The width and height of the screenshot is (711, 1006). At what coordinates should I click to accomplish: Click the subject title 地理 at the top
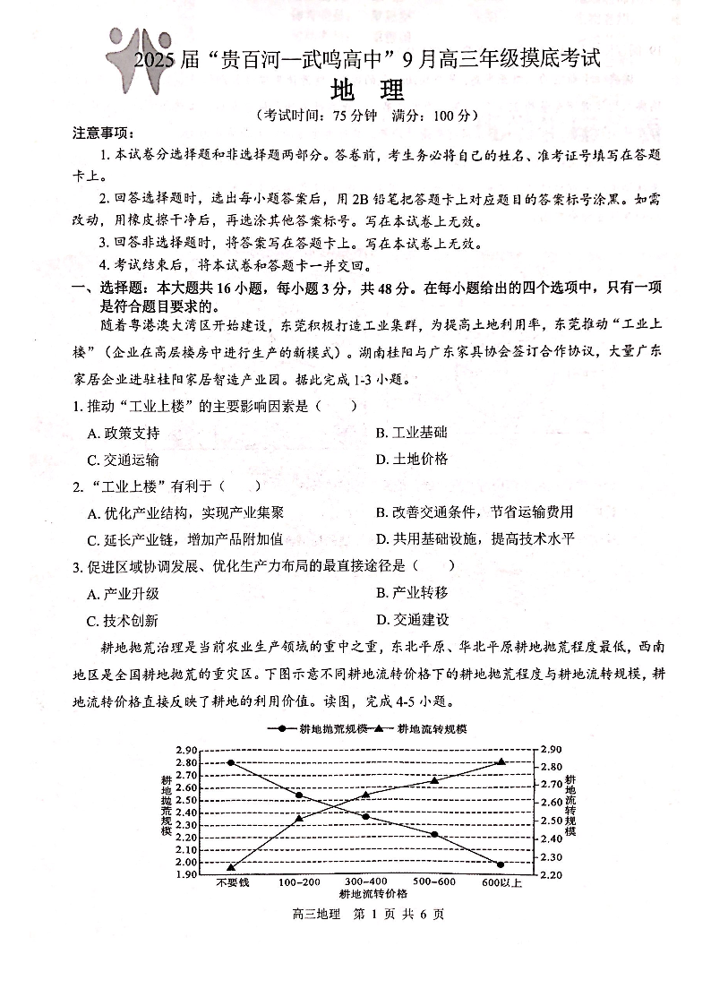point(367,91)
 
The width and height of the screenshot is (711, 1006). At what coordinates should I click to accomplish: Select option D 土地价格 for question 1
point(412,460)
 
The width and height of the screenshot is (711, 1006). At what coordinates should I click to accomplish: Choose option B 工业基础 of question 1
point(412,433)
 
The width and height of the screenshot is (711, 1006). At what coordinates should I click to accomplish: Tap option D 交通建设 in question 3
point(413,620)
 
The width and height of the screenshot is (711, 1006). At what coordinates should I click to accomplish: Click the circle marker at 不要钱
point(231,762)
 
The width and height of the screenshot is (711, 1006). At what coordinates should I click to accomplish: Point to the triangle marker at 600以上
point(501,761)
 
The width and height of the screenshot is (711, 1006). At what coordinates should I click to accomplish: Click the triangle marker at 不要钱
point(231,866)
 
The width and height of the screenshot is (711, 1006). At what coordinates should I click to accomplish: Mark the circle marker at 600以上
point(501,864)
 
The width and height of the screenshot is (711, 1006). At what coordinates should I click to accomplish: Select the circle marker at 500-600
point(434,834)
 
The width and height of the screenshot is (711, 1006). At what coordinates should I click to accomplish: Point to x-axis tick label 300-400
point(366,882)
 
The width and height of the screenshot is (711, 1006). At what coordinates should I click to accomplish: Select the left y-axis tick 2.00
point(185,862)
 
